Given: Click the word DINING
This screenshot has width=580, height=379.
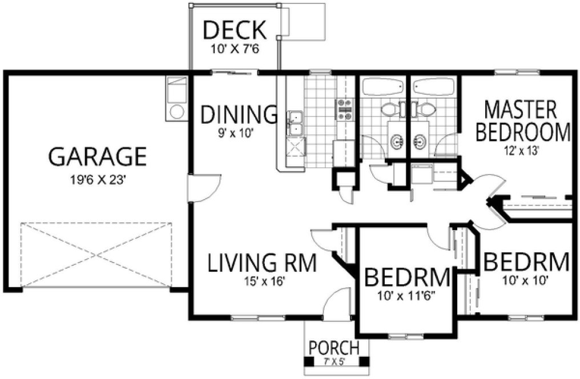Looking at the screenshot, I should (x=239, y=115).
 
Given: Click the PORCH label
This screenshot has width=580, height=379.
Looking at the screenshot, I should (x=334, y=347).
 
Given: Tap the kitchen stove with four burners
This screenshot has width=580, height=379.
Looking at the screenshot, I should (x=346, y=108).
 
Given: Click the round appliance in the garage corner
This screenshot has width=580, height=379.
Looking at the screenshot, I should (x=176, y=111).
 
